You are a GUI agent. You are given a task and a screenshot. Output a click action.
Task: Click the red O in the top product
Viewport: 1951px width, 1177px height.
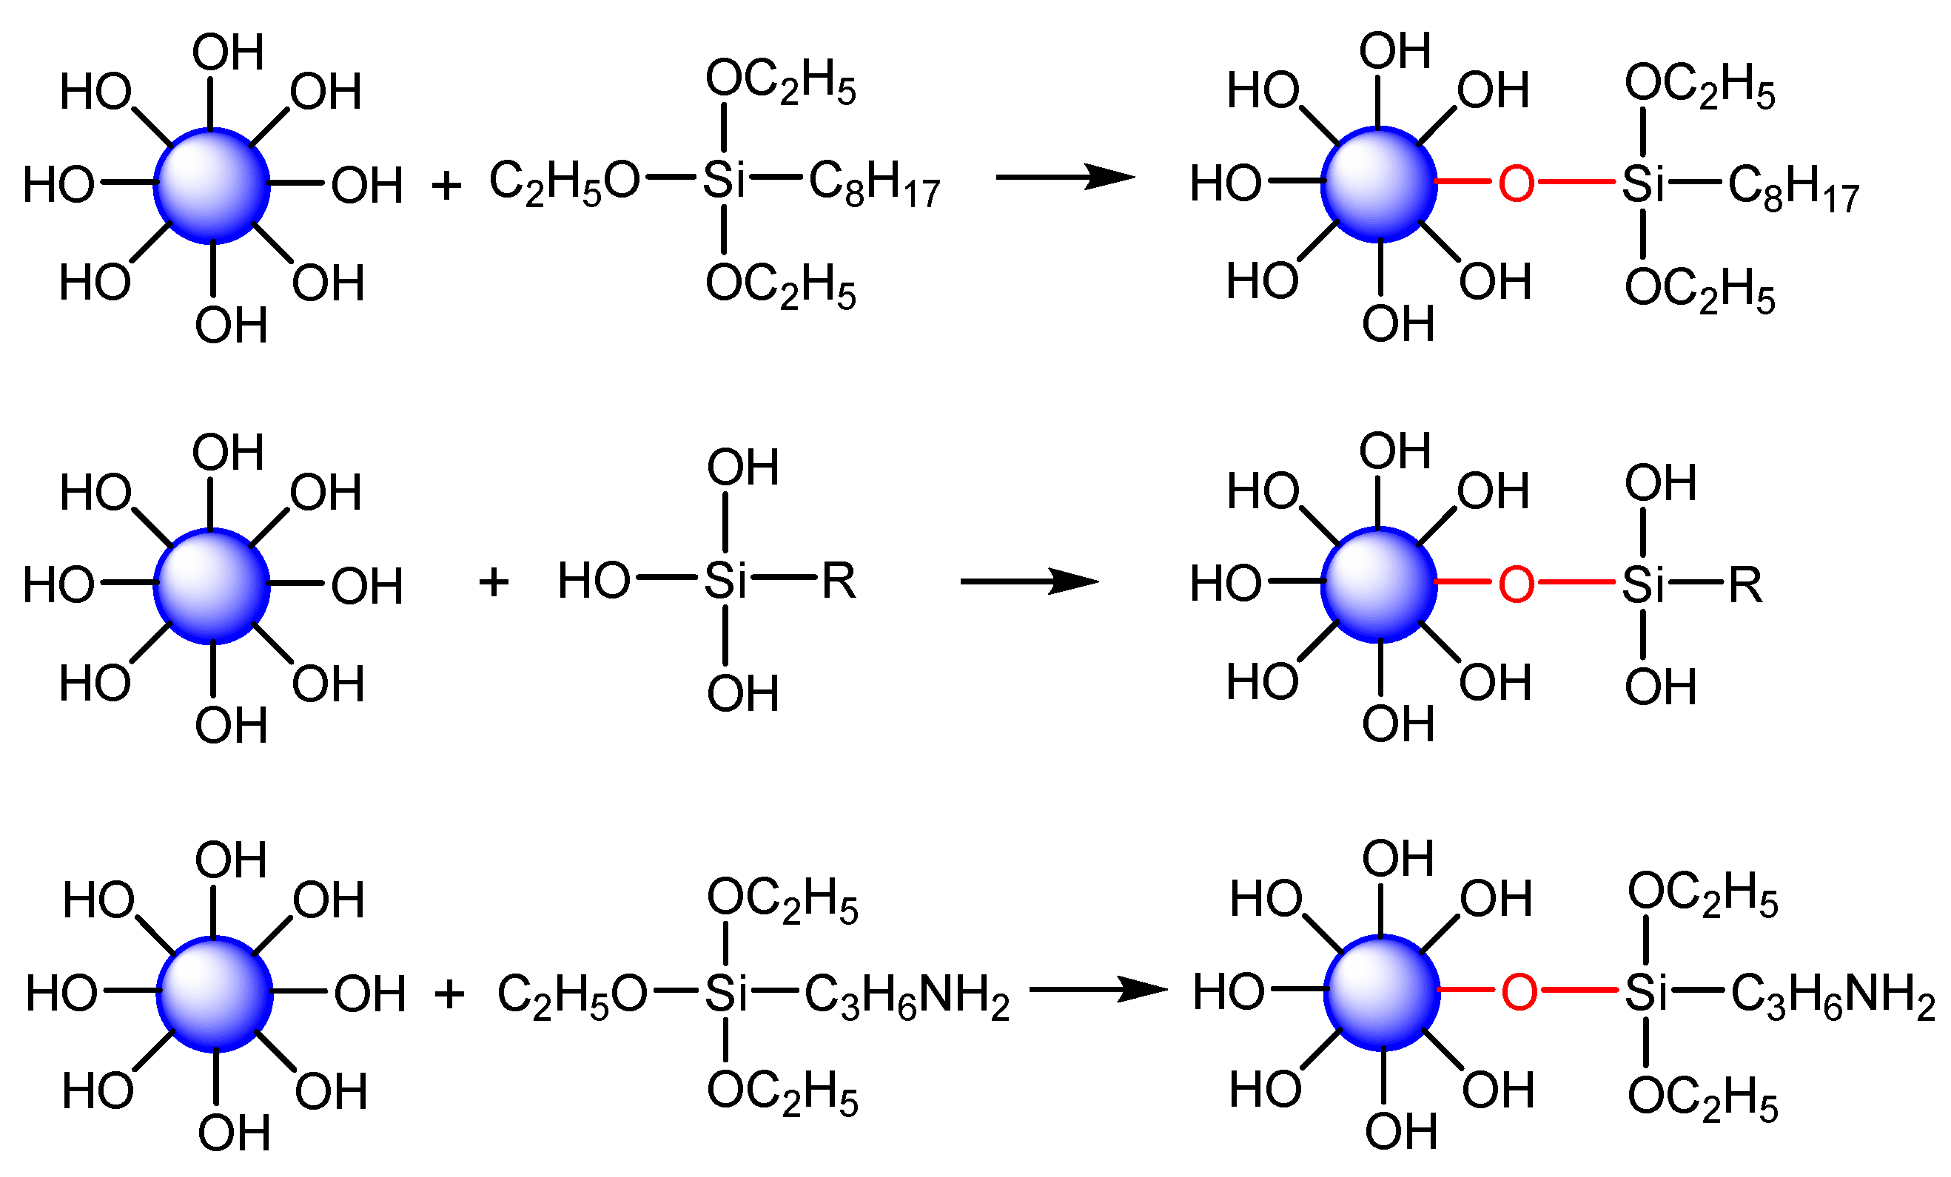[1517, 183]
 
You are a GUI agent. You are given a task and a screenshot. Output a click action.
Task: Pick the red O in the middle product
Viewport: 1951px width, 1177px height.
[1517, 584]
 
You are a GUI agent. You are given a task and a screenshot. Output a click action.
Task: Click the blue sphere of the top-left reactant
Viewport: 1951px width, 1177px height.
[212, 185]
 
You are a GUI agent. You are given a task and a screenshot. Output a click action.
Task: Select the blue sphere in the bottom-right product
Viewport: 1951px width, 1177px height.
[1382, 993]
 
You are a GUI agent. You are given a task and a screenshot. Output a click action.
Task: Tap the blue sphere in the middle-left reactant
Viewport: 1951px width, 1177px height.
[212, 586]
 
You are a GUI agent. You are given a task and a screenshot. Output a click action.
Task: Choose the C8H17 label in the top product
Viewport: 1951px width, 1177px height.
[1793, 188]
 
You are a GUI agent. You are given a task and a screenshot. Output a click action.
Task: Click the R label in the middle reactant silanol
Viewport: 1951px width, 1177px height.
[839, 581]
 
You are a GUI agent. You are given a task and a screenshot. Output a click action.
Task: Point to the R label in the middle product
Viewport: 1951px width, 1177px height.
[1745, 585]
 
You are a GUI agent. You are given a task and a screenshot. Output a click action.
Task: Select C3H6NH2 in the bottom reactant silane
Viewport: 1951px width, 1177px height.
[907, 996]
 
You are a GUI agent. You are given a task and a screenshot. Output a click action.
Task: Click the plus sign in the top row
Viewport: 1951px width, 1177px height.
[446, 185]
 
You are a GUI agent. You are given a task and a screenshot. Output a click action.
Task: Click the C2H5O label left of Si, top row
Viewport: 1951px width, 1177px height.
[564, 182]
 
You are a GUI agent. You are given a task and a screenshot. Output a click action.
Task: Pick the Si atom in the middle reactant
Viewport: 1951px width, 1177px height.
[725, 581]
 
